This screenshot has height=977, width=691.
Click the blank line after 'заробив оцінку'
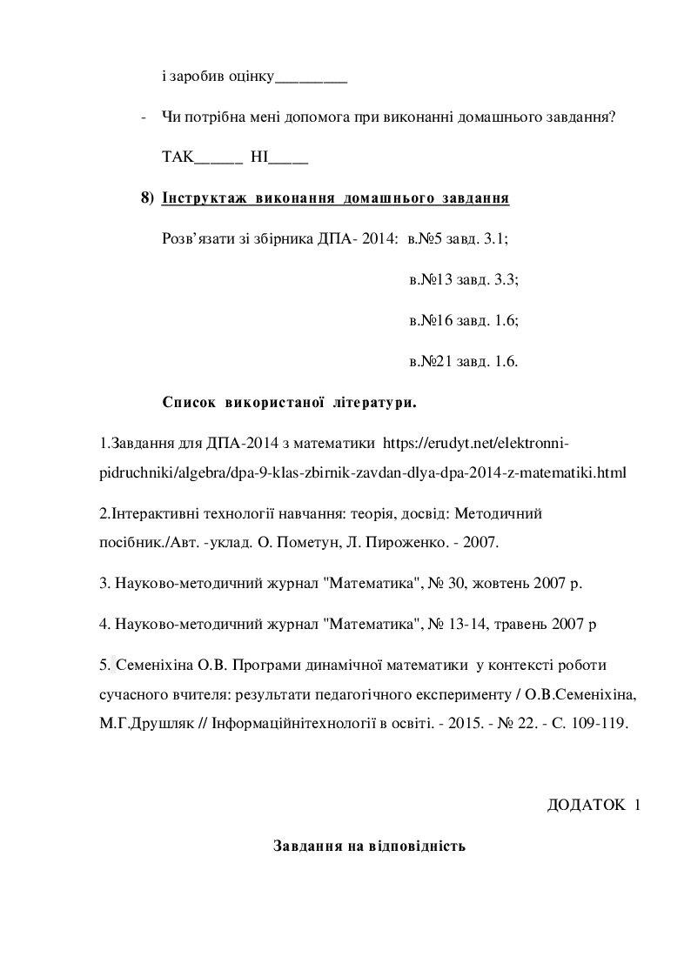pos(311,79)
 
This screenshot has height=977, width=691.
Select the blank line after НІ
pos(290,159)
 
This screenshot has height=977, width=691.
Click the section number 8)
pos(147,198)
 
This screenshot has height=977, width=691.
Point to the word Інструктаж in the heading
pos(202,198)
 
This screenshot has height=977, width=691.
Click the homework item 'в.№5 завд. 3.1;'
pos(457,238)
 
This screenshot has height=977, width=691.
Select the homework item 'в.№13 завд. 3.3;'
pos(464,279)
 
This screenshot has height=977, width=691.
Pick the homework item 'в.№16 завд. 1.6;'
pos(464,320)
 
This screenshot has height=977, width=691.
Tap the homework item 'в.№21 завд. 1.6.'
pos(463,360)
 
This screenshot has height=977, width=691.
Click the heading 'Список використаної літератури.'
pos(289,402)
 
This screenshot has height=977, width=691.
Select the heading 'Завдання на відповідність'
pos(370,846)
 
